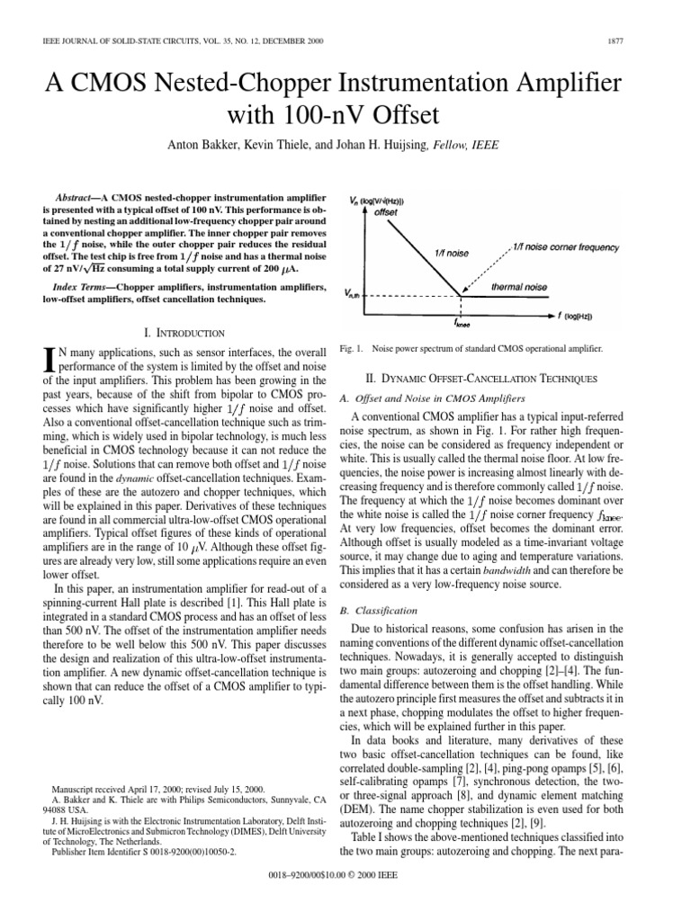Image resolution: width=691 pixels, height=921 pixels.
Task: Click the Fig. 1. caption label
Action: point(350,348)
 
